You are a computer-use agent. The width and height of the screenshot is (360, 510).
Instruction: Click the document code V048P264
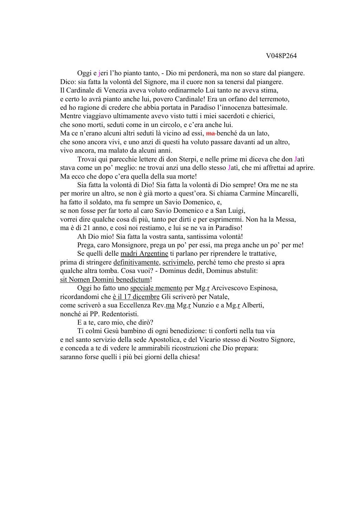coord(281,56)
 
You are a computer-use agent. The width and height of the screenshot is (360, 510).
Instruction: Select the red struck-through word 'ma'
coord(210,133)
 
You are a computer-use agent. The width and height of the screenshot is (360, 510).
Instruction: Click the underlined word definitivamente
coord(137,262)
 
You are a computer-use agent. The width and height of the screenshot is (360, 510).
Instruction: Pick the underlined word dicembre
coord(147,297)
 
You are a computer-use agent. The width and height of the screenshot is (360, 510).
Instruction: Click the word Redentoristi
coord(120,314)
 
